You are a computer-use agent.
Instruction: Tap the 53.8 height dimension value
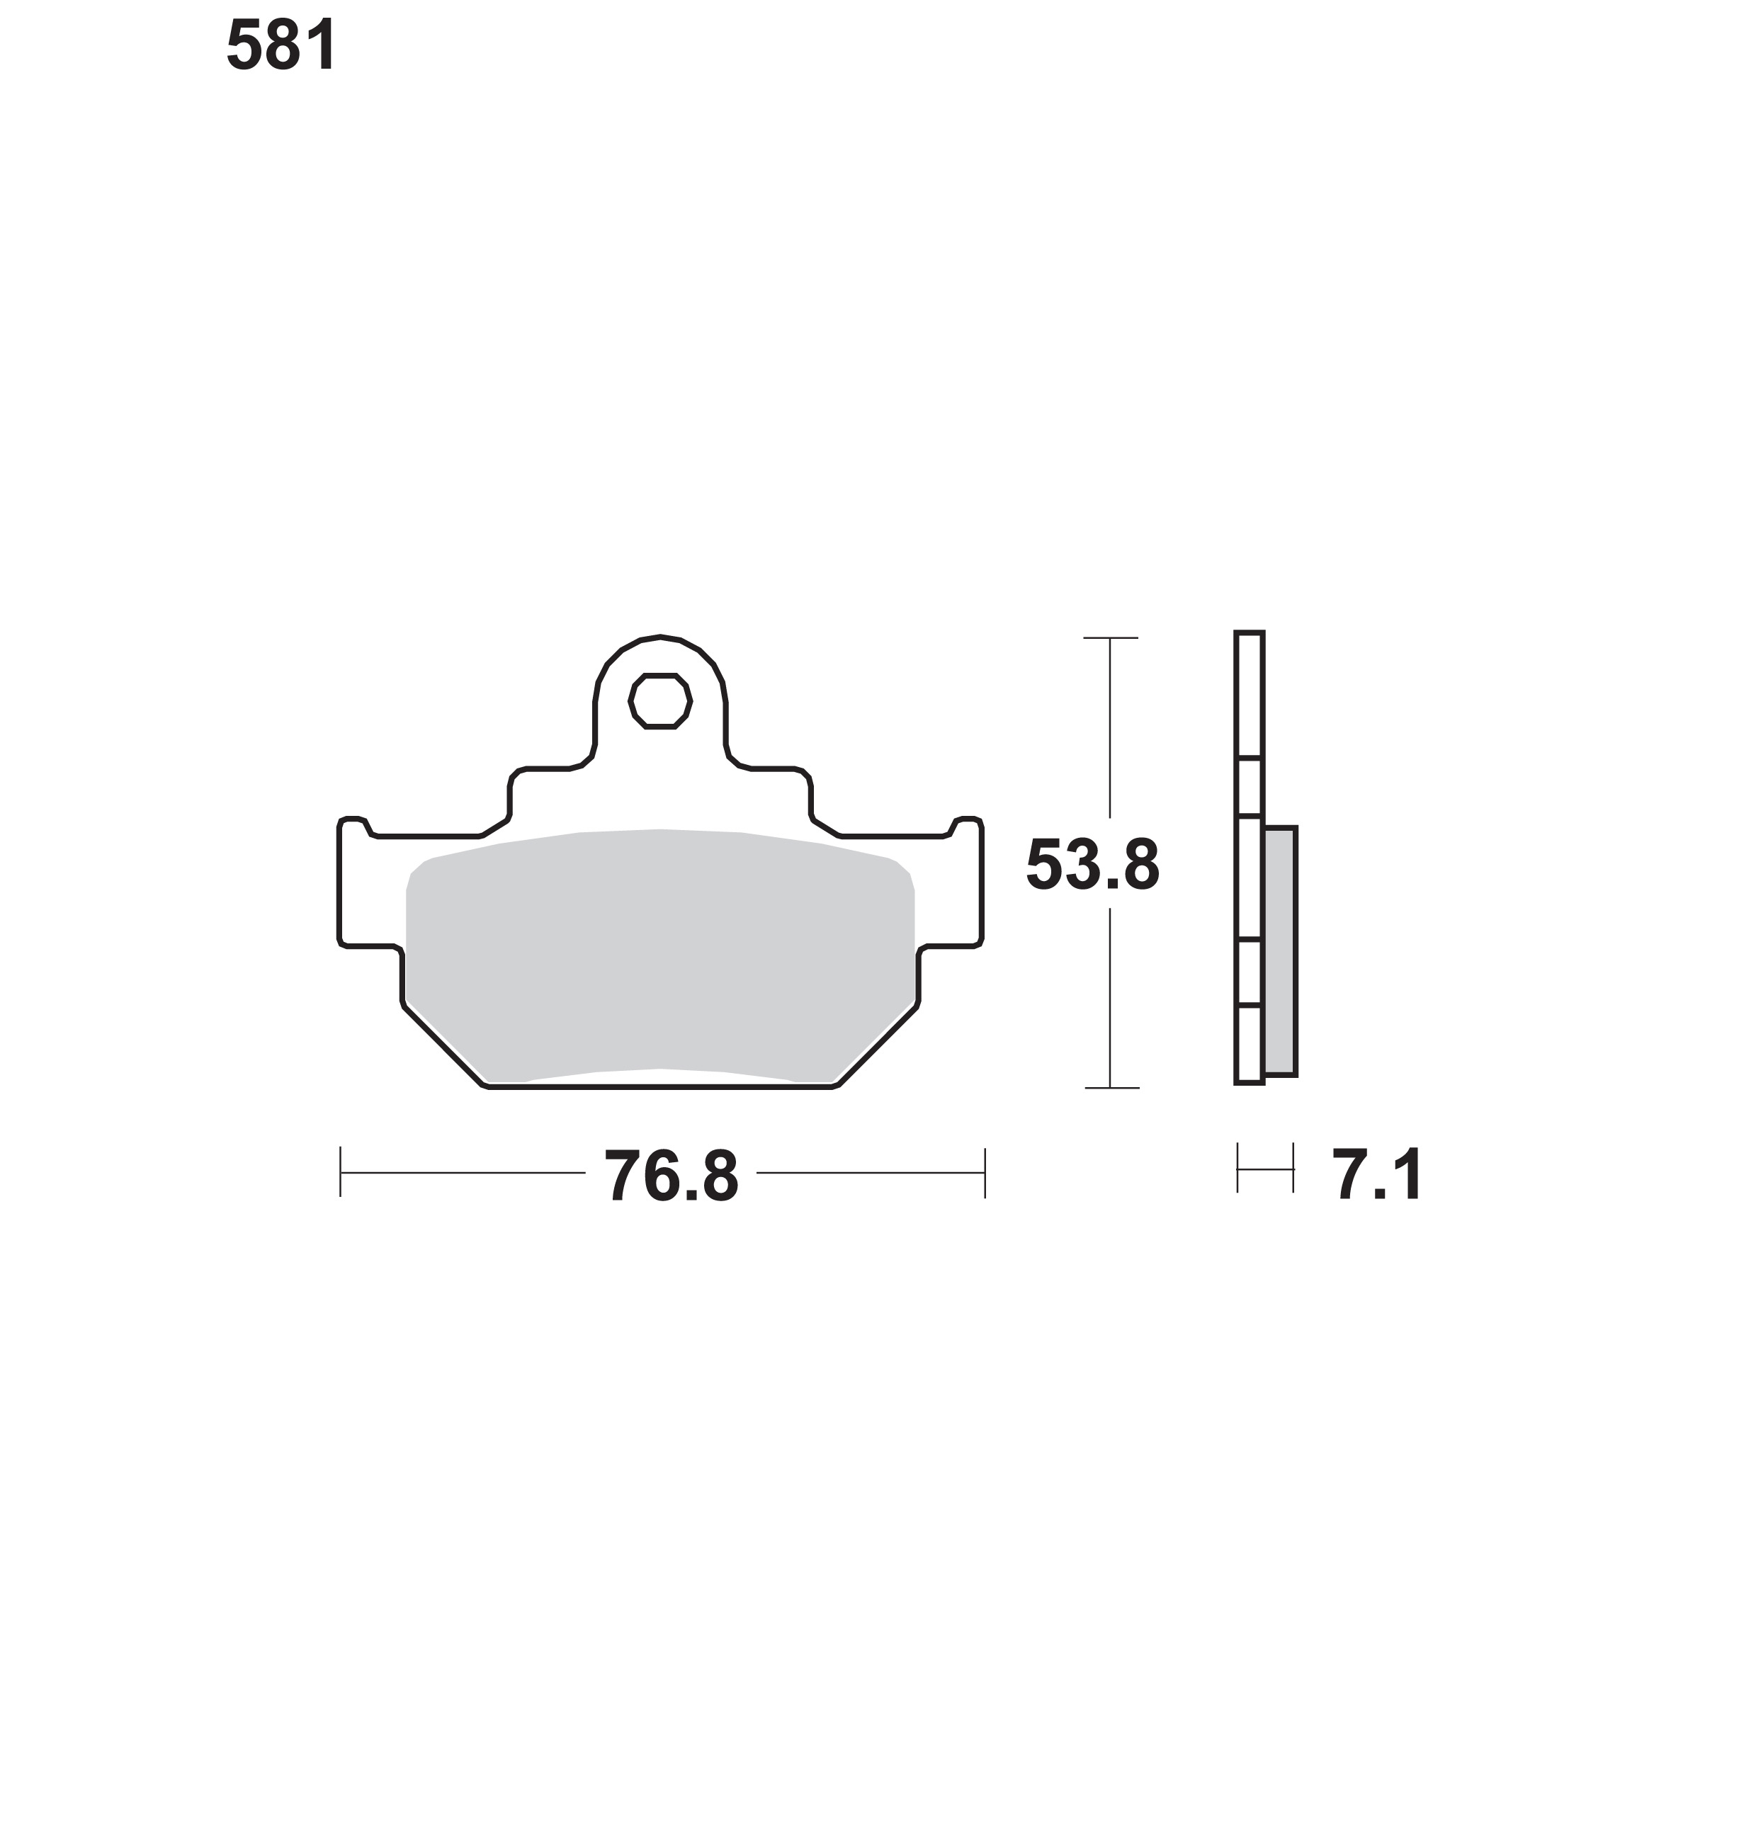point(1092,865)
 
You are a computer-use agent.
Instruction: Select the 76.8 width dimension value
point(671,1176)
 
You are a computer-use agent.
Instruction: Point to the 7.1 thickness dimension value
point(1378,1176)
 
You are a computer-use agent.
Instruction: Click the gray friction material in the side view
point(1279,951)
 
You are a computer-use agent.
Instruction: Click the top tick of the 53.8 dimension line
point(1110,638)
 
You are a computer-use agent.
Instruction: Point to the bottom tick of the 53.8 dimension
point(1111,1089)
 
